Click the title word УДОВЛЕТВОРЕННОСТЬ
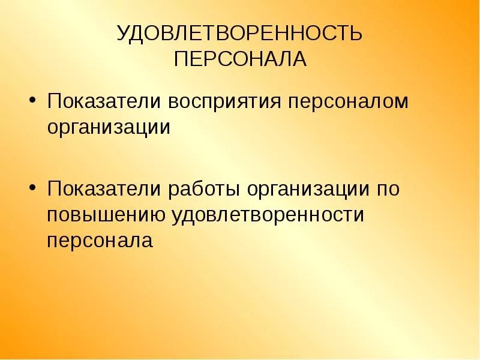[240, 34]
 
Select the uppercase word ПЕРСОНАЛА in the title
[240, 59]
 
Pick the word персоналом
[340, 101]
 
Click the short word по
[388, 188]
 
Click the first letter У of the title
[124, 34]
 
